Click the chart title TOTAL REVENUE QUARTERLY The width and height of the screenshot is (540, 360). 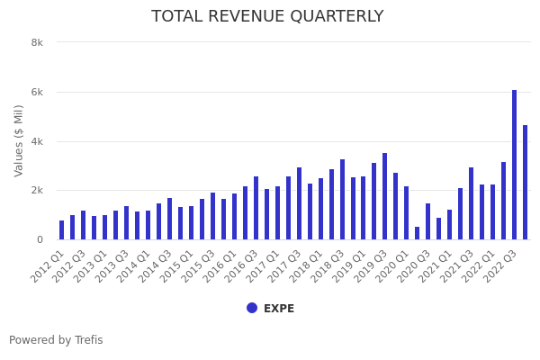click(x=267, y=16)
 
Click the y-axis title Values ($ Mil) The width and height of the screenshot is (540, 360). click(x=19, y=140)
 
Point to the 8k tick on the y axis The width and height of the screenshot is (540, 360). click(x=37, y=42)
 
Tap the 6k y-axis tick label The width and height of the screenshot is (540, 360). click(x=37, y=92)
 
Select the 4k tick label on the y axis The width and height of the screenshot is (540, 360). click(x=37, y=141)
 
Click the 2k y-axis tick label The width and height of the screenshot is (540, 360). click(x=37, y=191)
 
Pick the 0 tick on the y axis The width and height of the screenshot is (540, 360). click(x=40, y=239)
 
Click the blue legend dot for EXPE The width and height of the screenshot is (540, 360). click(x=252, y=308)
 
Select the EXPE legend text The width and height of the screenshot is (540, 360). click(x=279, y=309)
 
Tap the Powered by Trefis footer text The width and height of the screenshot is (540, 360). click(x=56, y=340)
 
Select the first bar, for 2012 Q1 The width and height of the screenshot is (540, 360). click(x=62, y=230)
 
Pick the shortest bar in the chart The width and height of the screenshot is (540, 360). click(x=418, y=233)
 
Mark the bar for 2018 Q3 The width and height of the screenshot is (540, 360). click(x=342, y=200)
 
